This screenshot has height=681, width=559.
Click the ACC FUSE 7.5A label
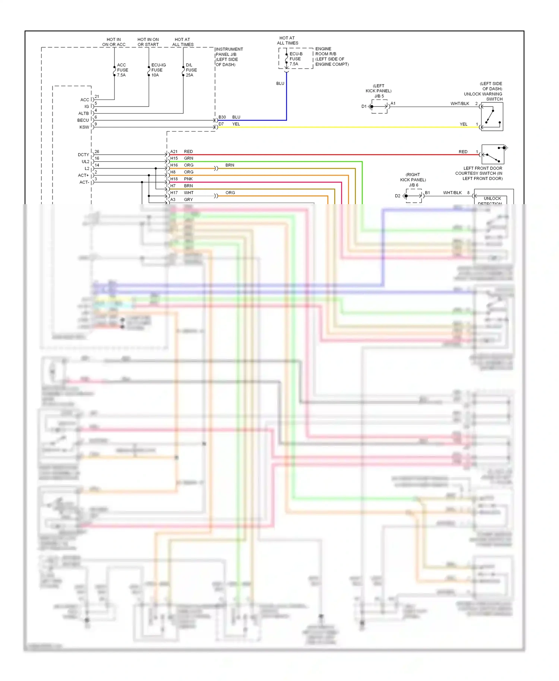(122, 70)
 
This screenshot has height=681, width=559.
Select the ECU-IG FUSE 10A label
(158, 70)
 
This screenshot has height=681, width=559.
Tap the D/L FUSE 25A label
(191, 70)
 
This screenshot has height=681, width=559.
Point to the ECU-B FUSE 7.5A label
(296, 59)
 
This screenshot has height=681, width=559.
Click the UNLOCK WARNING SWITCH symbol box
(492, 116)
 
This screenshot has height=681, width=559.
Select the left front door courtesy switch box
(493, 154)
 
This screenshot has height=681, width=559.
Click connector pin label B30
(222, 117)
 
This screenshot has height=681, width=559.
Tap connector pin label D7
(221, 124)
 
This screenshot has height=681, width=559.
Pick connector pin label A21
(174, 152)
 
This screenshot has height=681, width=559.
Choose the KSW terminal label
(84, 127)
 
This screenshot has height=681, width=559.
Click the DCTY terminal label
(83, 155)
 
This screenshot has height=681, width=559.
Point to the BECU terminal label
(83, 120)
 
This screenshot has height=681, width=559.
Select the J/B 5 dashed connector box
(379, 107)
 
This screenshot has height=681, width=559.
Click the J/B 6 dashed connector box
(414, 196)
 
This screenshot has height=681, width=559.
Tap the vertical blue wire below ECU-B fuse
(286, 97)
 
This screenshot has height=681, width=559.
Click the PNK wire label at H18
(188, 179)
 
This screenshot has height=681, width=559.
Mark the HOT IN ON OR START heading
(148, 42)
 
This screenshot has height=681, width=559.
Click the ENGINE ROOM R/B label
(325, 51)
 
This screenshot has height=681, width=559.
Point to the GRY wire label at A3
(188, 200)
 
